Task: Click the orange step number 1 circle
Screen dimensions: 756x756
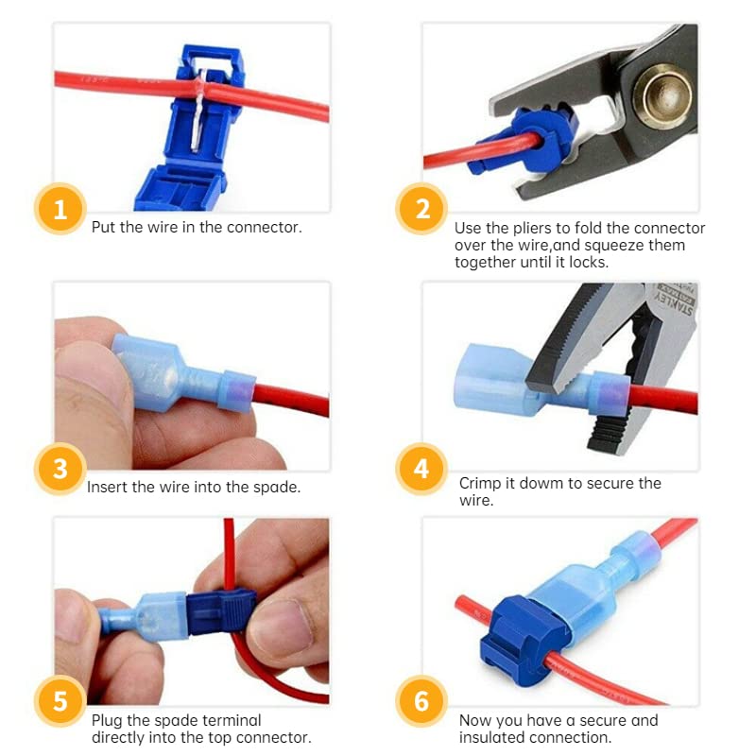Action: pyautogui.click(x=60, y=209)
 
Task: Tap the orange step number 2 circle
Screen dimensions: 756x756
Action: pyautogui.click(x=421, y=209)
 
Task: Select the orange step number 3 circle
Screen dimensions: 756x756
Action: pyautogui.click(x=60, y=469)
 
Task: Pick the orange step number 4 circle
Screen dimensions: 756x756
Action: pyautogui.click(x=421, y=469)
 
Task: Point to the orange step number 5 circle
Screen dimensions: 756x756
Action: pyautogui.click(x=60, y=702)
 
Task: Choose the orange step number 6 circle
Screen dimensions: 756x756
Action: pyautogui.click(x=421, y=702)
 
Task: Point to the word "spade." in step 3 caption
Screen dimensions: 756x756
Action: pyautogui.click(x=280, y=488)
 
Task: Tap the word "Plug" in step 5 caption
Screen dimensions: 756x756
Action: pyautogui.click(x=107, y=720)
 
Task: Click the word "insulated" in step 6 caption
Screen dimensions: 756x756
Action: pyautogui.click(x=490, y=737)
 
